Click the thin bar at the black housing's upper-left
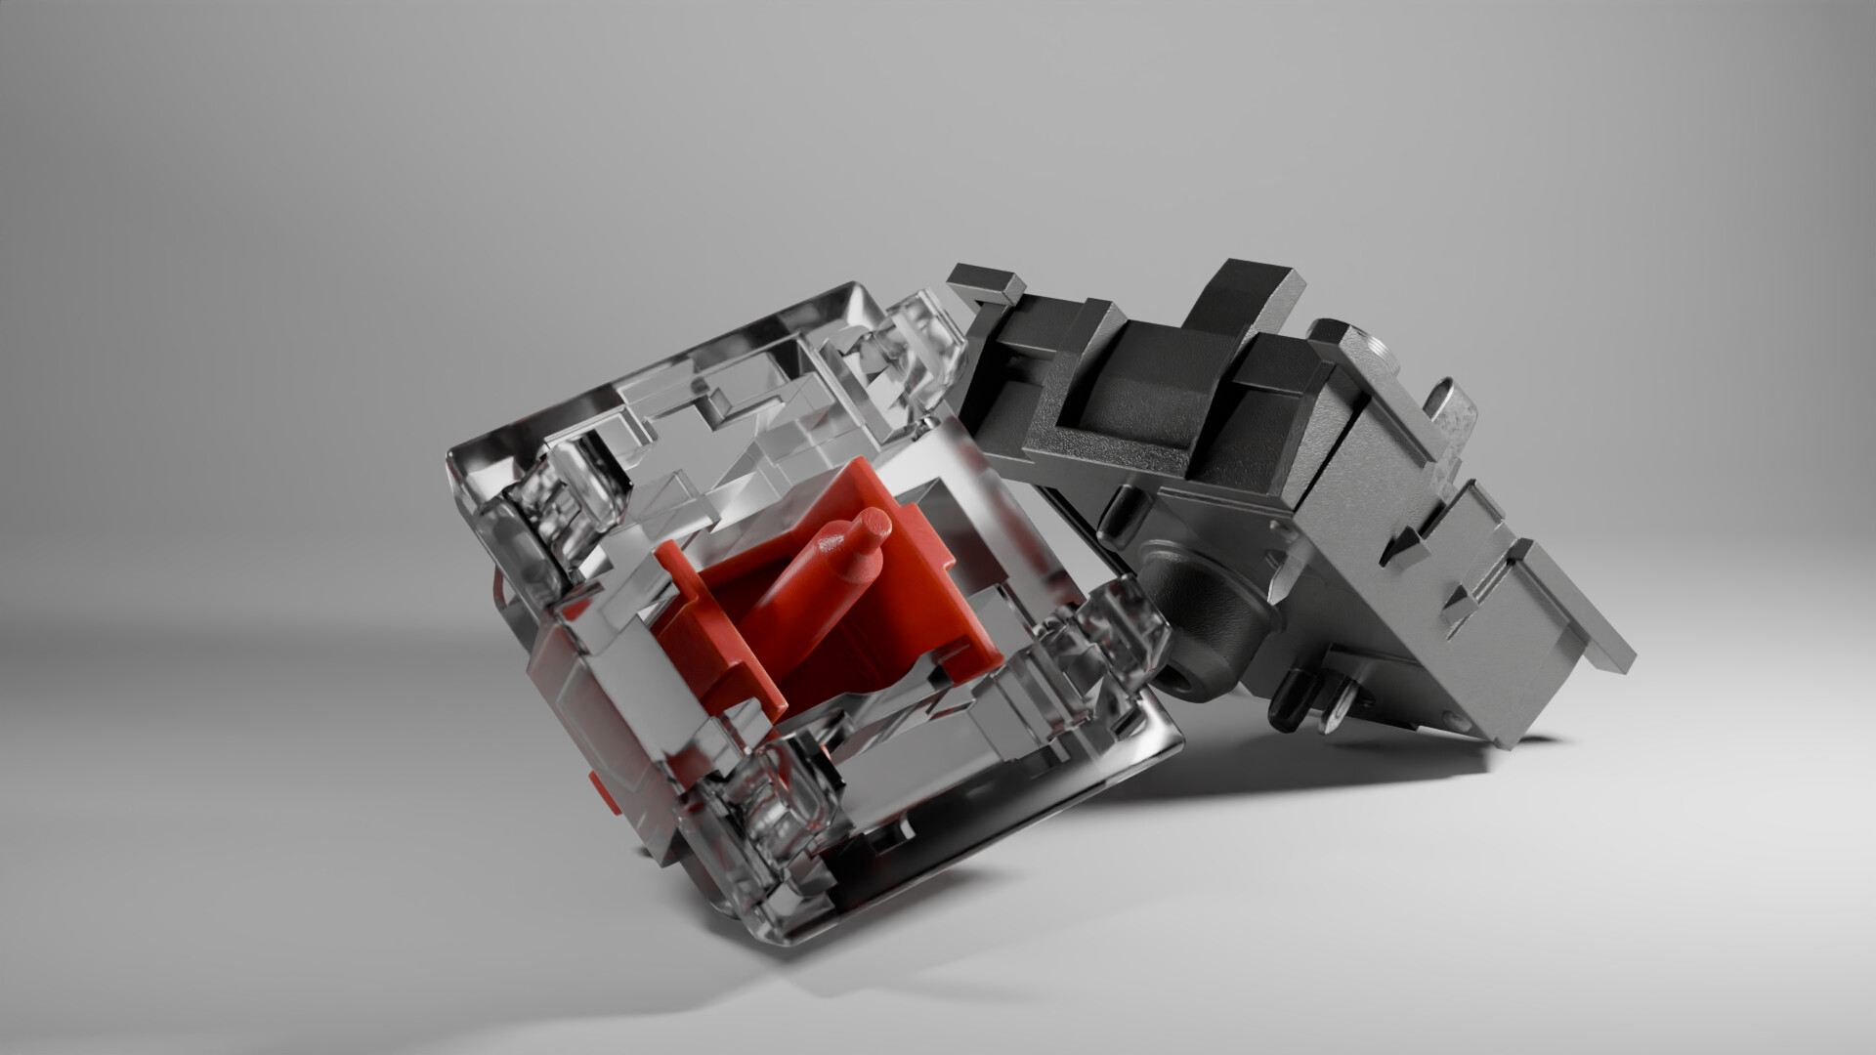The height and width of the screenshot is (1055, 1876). point(987,278)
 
